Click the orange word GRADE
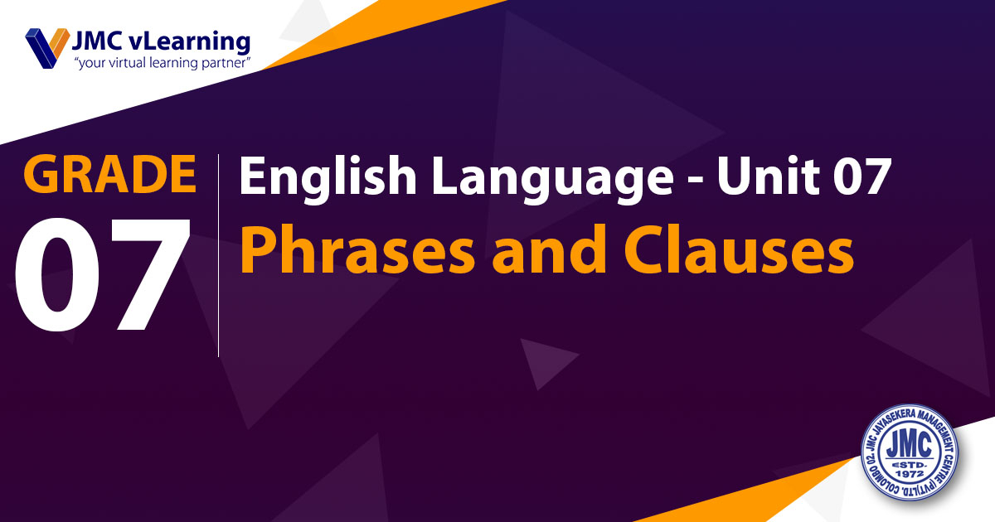point(109,174)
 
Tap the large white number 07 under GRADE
point(103,274)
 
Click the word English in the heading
point(328,177)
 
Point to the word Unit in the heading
point(768,176)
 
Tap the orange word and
point(550,249)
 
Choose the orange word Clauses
point(739,249)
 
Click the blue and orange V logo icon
point(47,48)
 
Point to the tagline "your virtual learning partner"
point(163,63)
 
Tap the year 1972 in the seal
point(910,475)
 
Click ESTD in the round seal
point(910,465)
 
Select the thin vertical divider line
point(219,256)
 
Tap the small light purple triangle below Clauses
point(544,360)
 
